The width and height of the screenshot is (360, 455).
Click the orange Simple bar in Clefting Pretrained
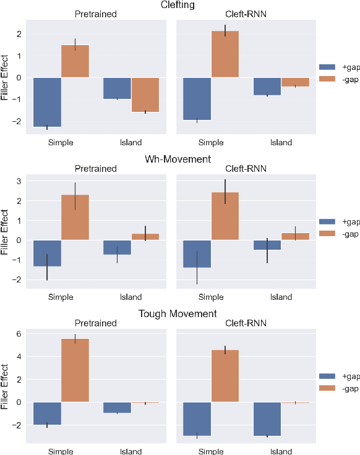[75, 61]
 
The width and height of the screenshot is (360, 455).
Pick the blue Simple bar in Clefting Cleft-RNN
[197, 98]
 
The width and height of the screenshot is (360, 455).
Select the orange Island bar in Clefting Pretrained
[145, 95]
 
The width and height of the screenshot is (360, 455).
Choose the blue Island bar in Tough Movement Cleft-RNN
[267, 419]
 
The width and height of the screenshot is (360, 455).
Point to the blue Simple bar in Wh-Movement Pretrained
[47, 253]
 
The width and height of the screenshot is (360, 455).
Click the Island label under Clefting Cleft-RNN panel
[281, 143]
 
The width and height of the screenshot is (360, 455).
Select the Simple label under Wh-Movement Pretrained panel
[61, 297]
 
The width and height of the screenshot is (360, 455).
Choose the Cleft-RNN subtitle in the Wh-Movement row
[246, 168]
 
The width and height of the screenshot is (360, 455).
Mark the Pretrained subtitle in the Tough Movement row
[96, 323]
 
